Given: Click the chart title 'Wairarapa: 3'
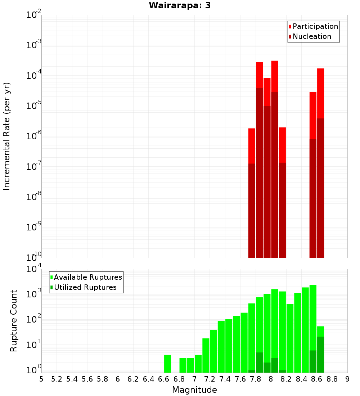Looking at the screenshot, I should pos(177,6).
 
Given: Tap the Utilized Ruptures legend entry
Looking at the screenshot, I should pos(85,287).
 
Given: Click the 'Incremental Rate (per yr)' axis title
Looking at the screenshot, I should pos(7,136).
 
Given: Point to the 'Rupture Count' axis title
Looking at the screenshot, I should pos(14,321).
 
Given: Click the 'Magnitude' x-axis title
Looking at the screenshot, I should pos(194,390).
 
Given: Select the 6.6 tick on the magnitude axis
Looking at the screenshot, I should pos(164,379).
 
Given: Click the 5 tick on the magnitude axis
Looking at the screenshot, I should pos(41,379).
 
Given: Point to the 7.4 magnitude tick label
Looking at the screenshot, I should pos(225,379).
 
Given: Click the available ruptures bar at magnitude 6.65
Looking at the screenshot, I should pos(167,364).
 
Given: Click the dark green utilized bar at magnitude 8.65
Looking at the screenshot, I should pos(320,355).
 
